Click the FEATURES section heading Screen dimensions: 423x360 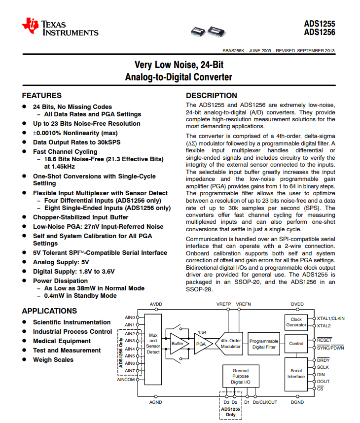pos(42,96)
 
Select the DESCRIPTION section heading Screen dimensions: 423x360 pos(211,96)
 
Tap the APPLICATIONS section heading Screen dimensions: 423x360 pos(49,311)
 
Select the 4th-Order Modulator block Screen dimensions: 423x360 pos(230,343)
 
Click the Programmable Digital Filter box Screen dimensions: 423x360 pos(264,344)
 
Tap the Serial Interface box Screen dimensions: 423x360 pos(296,373)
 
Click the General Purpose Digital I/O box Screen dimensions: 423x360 pos(241,376)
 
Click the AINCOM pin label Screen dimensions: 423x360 pos(126,380)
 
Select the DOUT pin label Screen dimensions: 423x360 pos(324,381)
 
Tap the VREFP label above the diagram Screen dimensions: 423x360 pos(224,304)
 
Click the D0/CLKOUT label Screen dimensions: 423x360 pos(265,402)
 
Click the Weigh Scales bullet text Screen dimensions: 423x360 pos(53,360)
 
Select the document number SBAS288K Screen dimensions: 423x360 pos(233,50)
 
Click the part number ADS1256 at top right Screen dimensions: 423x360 pos(320,33)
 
